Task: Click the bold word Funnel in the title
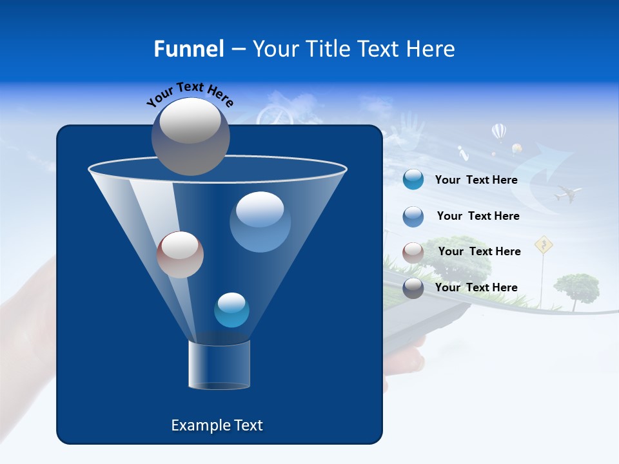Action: coord(188,49)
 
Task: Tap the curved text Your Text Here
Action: coord(190,94)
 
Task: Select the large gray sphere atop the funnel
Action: coord(191,136)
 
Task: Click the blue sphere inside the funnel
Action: coord(260,222)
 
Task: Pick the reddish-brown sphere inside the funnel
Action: coord(180,255)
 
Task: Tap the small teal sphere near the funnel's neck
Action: coord(231,310)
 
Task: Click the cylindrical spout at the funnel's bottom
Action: coord(219,365)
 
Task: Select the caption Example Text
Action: coord(217,425)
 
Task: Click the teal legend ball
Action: coord(413,180)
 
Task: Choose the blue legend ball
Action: coord(413,217)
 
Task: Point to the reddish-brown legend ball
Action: coord(413,252)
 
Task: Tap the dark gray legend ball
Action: coord(413,288)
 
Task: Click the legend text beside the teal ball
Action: coord(476,180)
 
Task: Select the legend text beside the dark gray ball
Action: coord(476,287)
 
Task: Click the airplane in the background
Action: coord(568,192)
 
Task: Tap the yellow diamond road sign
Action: coord(544,244)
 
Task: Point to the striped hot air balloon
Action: coord(499,132)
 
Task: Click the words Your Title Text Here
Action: coord(353,49)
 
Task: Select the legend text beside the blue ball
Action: coord(478,216)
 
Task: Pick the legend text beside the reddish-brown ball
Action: coord(479,251)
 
